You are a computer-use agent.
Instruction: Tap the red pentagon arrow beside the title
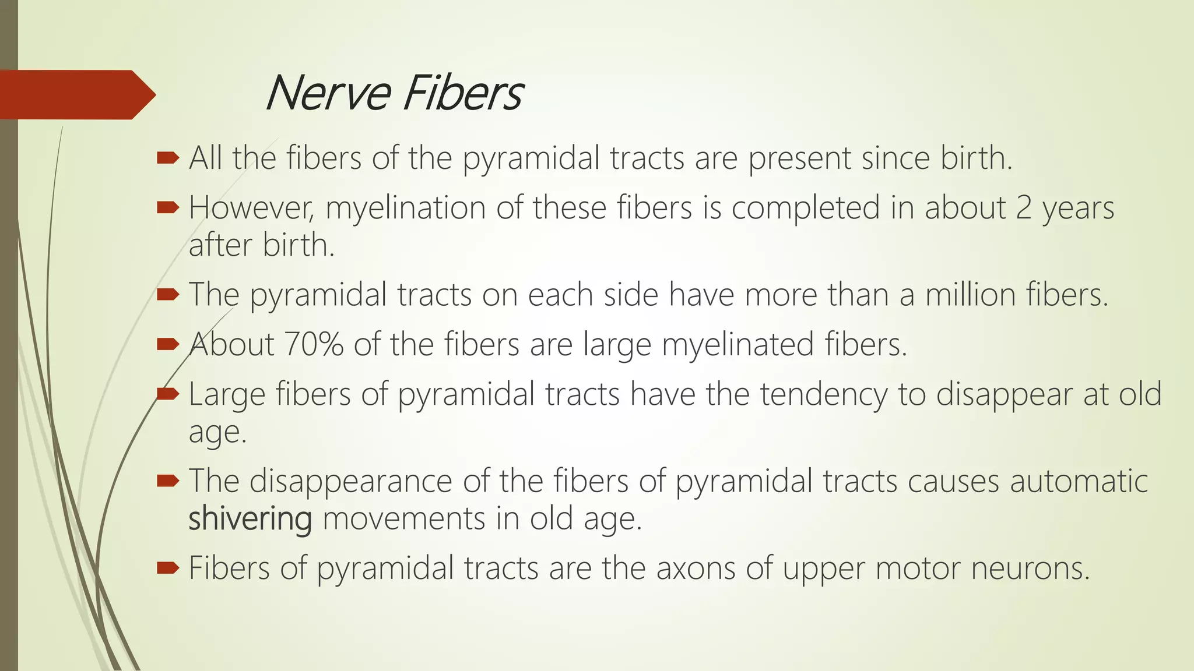[76, 94]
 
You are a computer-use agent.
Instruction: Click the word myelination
[405, 208]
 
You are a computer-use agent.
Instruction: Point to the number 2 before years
[1024, 208]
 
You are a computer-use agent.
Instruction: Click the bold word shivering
[250, 519]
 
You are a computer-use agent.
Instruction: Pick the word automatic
[1079, 482]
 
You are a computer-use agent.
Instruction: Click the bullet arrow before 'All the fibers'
[167, 157]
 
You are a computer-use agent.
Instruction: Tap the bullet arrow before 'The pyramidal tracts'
[167, 295]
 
